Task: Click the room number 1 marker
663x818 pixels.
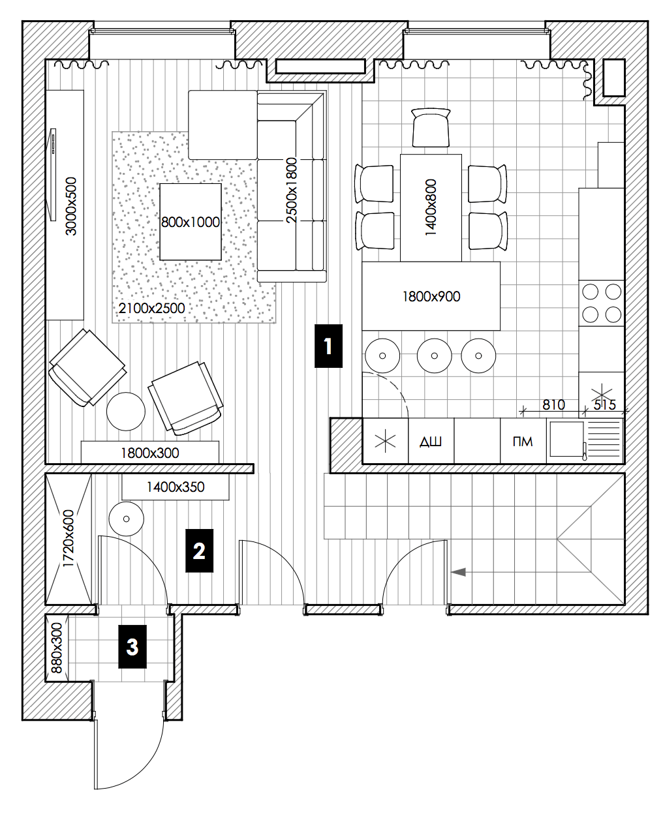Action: [328, 346]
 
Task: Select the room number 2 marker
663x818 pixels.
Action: [200, 551]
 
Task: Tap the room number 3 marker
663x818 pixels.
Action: [132, 646]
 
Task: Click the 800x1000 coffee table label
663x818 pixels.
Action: [190, 222]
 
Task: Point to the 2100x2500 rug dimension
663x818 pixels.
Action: [152, 308]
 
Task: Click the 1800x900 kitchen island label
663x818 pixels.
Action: [431, 297]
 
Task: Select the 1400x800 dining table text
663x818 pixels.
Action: [431, 207]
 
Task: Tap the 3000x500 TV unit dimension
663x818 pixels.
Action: [70, 206]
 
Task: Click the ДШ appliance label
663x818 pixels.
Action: [431, 442]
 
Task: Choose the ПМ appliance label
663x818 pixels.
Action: [523, 442]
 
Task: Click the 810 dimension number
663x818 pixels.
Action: [553, 405]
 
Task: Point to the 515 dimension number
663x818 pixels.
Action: [605, 405]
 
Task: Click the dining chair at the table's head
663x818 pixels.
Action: [431, 127]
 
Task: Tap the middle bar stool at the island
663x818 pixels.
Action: [435, 356]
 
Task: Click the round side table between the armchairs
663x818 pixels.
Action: [126, 412]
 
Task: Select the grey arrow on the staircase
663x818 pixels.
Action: [458, 572]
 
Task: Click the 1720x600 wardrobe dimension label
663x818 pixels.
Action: [68, 538]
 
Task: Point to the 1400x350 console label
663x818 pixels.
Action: [175, 487]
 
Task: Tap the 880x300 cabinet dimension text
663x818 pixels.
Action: [57, 648]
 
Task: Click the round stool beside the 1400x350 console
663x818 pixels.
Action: [127, 519]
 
